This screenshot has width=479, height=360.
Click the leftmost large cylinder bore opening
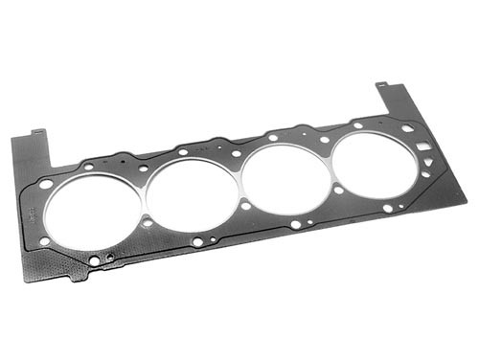pos(92,213)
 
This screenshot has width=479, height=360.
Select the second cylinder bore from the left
pos(191,194)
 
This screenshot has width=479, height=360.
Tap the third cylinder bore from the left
pos(285,176)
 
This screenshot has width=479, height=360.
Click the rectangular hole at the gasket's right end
pos(423,147)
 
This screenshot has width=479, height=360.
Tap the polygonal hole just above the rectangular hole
pos(408,127)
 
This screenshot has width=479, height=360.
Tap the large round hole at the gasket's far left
pos(46,183)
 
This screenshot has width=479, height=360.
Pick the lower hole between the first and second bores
pos(147,222)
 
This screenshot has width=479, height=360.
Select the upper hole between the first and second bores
pos(144,169)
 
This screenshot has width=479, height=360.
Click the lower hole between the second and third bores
pos(245,205)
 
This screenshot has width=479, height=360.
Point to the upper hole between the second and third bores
pos(236,153)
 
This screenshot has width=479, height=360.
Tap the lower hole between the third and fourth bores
pos(338,190)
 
